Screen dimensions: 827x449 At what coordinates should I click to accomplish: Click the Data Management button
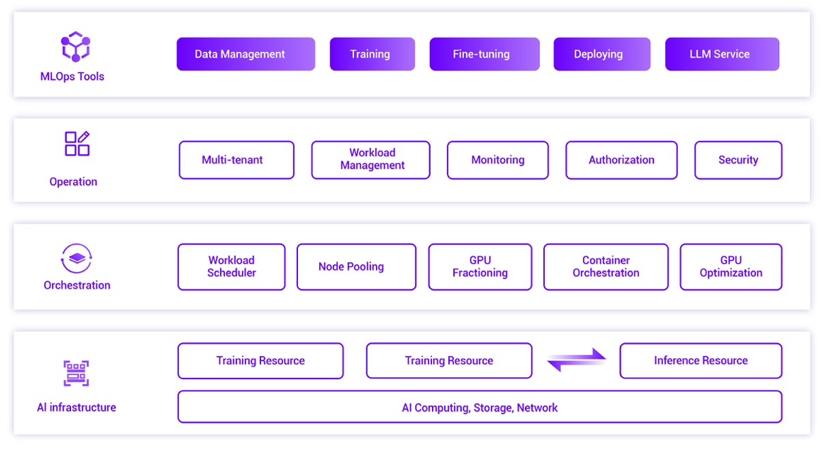click(246, 54)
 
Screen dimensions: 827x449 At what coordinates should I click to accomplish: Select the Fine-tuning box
click(485, 54)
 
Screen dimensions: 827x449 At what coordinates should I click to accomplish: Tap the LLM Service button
click(722, 54)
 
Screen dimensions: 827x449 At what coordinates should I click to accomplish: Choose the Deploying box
click(601, 54)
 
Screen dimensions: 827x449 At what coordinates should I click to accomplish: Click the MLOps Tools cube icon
click(76, 47)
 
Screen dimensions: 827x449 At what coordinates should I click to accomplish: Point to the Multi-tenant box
click(236, 159)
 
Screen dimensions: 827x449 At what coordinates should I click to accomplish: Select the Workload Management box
click(370, 159)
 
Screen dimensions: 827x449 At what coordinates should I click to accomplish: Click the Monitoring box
click(498, 159)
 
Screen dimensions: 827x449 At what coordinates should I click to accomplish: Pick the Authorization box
click(621, 159)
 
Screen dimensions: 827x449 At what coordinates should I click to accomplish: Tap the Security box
click(738, 159)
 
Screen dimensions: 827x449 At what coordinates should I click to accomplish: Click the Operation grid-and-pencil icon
click(77, 144)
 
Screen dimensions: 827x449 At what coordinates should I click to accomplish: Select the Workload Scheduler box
click(232, 267)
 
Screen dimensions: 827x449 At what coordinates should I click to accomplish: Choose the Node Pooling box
click(356, 267)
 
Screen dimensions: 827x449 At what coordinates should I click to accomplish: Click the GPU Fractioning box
click(480, 267)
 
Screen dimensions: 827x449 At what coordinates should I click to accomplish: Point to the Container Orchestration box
click(606, 267)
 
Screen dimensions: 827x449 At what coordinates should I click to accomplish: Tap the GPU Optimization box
click(731, 267)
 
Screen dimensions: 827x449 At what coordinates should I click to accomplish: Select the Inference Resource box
click(701, 361)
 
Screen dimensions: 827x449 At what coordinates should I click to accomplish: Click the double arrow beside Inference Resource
click(576, 360)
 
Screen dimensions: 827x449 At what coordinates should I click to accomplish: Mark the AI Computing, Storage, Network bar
click(480, 407)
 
